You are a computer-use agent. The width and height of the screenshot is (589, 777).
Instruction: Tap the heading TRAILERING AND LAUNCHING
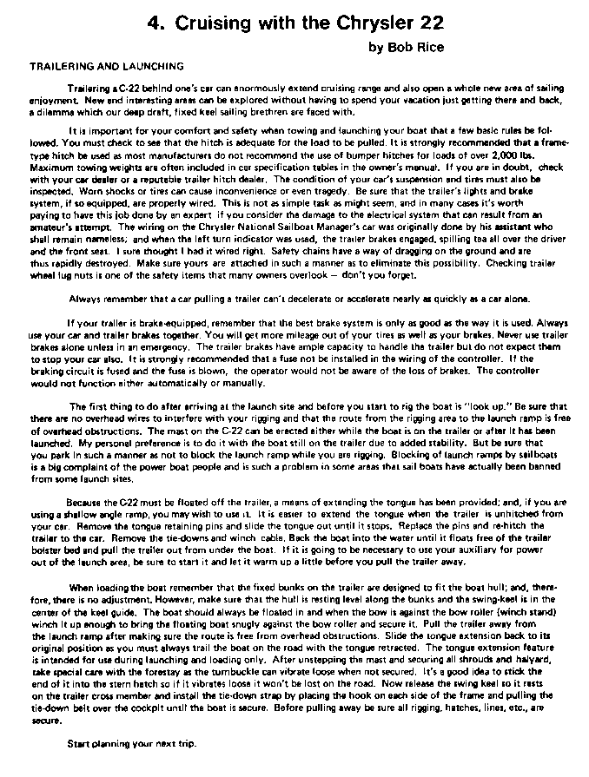click(x=107, y=66)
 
